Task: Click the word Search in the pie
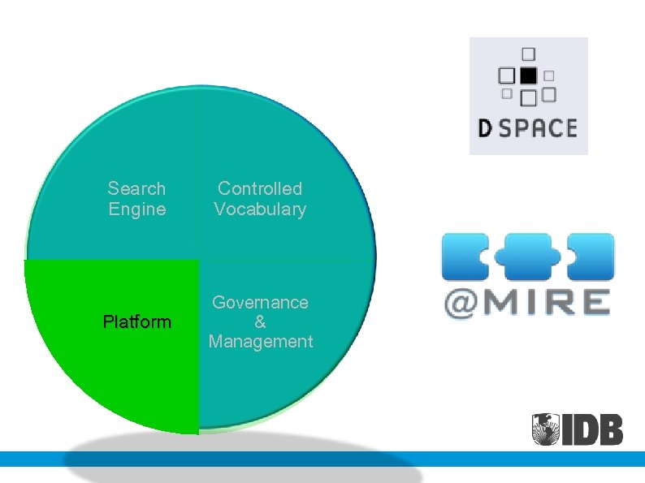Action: point(136,189)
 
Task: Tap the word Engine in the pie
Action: point(136,209)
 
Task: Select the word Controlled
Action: point(260,189)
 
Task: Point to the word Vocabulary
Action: point(260,209)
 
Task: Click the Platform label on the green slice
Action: point(137,322)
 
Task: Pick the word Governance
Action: point(260,302)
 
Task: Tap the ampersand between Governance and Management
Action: point(260,321)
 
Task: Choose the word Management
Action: point(260,341)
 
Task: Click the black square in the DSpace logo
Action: point(528,75)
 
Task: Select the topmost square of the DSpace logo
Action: point(529,54)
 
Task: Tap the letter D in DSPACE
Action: point(484,128)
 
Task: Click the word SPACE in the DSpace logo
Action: point(537,128)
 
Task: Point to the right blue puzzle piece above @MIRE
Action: point(590,257)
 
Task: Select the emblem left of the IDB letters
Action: point(548,429)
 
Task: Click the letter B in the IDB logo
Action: point(609,429)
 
